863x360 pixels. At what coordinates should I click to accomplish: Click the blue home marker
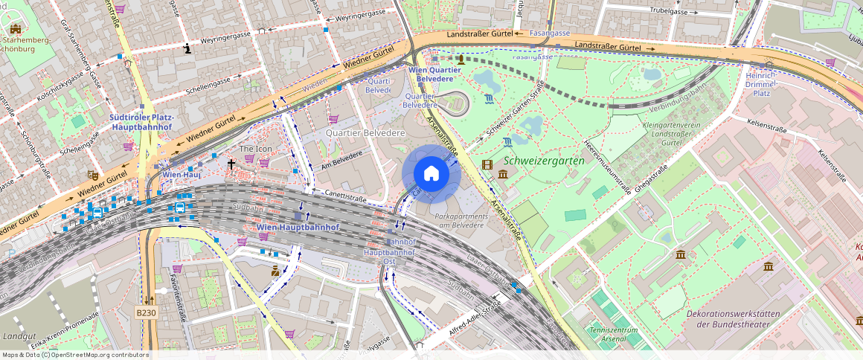431,174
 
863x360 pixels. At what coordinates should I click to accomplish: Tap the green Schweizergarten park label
543,160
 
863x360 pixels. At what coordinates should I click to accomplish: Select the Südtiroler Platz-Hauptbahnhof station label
141,123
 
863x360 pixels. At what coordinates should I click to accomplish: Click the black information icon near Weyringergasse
187,49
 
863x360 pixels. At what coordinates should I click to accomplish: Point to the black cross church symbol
231,164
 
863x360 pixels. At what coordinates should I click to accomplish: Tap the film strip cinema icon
487,164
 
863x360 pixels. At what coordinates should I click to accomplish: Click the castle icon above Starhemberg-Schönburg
16,29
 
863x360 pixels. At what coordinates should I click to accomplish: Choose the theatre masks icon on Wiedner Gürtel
93,176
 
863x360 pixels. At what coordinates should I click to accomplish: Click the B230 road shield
147,313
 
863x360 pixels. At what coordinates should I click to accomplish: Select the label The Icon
255,149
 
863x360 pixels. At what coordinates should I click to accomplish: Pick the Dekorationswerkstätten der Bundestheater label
733,318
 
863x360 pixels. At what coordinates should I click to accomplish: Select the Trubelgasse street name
667,11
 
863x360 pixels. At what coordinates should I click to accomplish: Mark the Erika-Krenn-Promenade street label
65,330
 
